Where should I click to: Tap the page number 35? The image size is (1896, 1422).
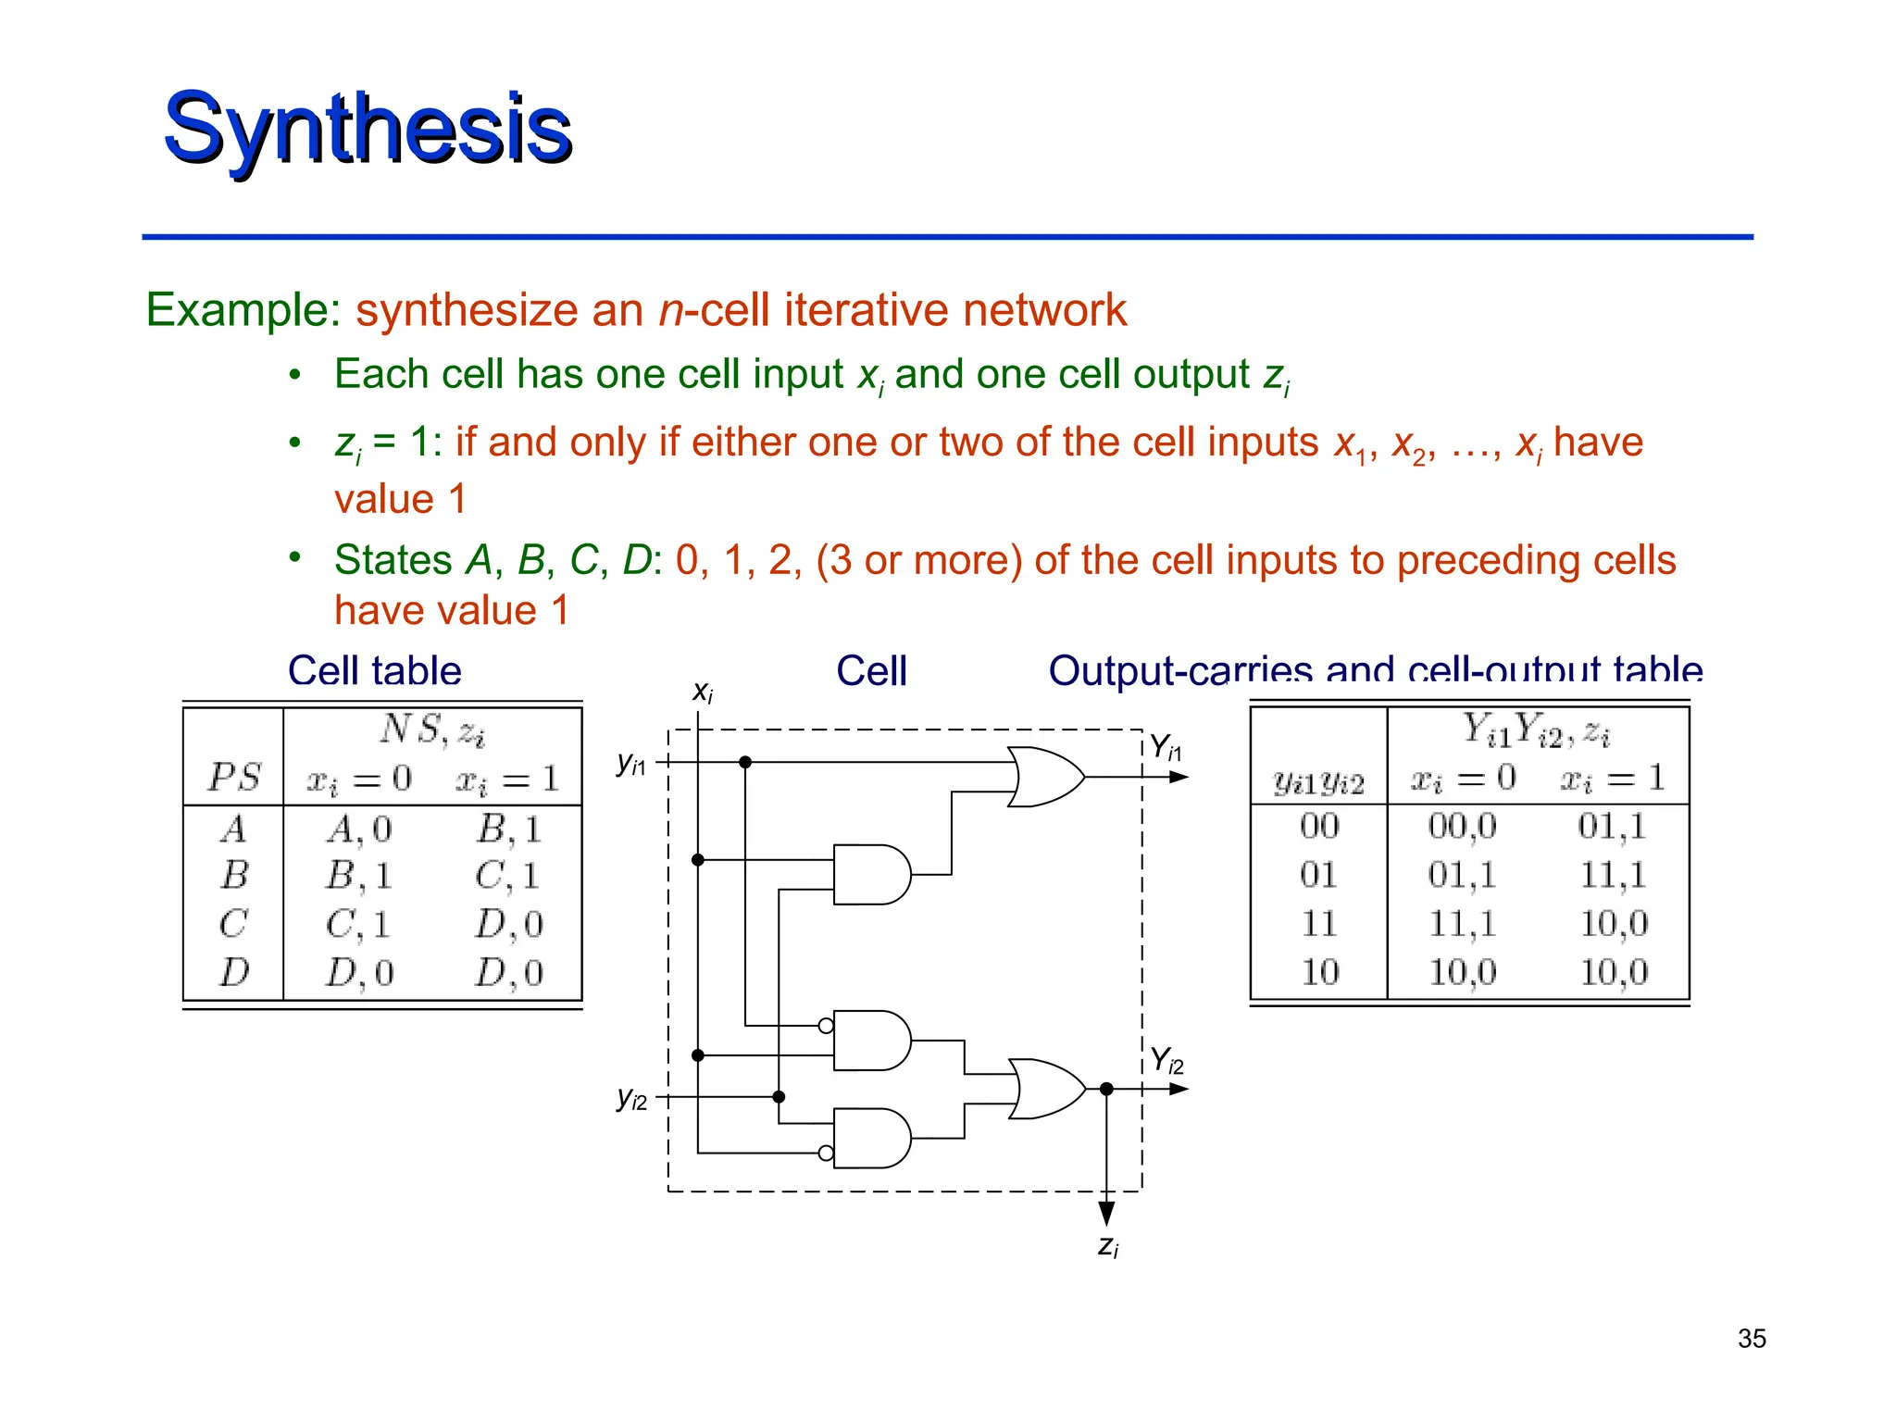[1752, 1339]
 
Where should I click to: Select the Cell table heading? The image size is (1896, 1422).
[374, 670]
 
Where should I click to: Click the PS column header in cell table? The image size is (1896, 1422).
[234, 778]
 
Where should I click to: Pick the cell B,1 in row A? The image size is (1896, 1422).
[508, 829]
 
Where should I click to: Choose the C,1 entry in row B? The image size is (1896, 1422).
[507, 876]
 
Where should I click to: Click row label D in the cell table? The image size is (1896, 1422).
[234, 972]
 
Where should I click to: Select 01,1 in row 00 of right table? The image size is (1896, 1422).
[1612, 826]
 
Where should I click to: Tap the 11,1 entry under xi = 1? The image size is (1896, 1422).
[1612, 874]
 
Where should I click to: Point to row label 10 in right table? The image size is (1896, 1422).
[1319, 972]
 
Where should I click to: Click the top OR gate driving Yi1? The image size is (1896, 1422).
[1044, 777]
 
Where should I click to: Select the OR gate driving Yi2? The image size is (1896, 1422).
[1044, 1089]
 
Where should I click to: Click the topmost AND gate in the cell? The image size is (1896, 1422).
[870, 874]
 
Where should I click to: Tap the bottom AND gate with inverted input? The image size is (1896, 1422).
[870, 1138]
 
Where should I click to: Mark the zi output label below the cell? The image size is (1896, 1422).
[1108, 1246]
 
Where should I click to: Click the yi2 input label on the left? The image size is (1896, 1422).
[632, 1099]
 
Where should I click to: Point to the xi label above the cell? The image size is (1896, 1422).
[703, 691]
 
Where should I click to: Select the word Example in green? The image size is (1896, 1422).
[243, 309]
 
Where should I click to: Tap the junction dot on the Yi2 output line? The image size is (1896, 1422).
[1106, 1089]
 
